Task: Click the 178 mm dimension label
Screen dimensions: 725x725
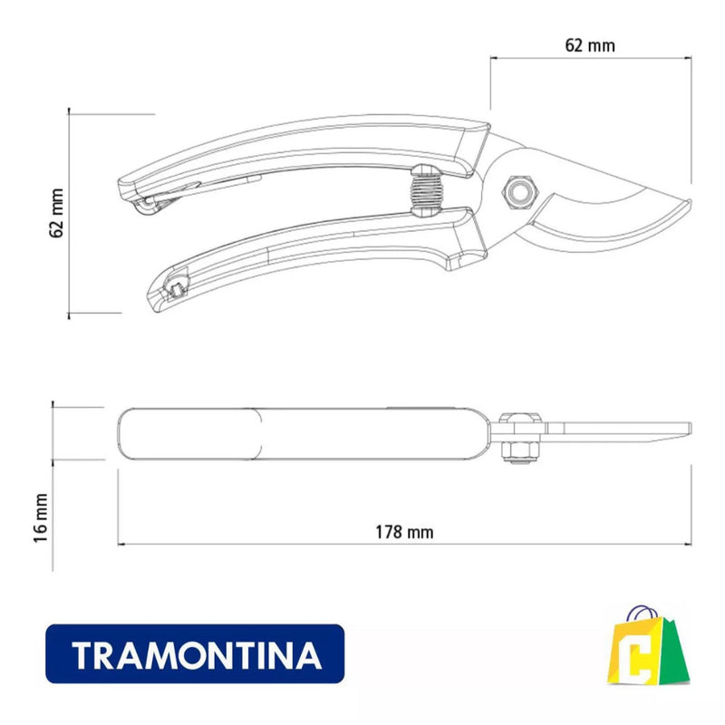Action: tap(404, 533)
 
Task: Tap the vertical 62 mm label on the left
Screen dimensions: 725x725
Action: tap(56, 214)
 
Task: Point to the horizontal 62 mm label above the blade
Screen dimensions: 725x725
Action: tap(589, 43)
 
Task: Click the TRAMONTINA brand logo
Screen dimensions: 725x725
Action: tap(195, 653)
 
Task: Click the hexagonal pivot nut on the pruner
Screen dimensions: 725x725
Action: tap(519, 188)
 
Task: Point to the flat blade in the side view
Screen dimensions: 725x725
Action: tap(625, 430)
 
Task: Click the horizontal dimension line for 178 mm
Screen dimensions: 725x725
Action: tap(272, 545)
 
